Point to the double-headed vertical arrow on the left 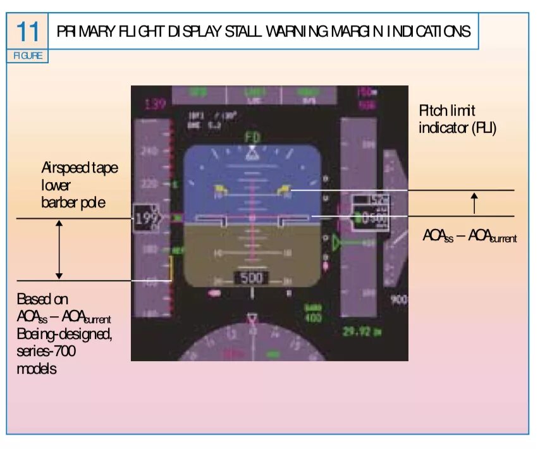[59, 249]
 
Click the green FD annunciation [252, 137]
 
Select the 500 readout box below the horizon [251, 278]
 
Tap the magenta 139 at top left [155, 104]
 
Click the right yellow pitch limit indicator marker [285, 188]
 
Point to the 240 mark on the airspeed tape [150, 152]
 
